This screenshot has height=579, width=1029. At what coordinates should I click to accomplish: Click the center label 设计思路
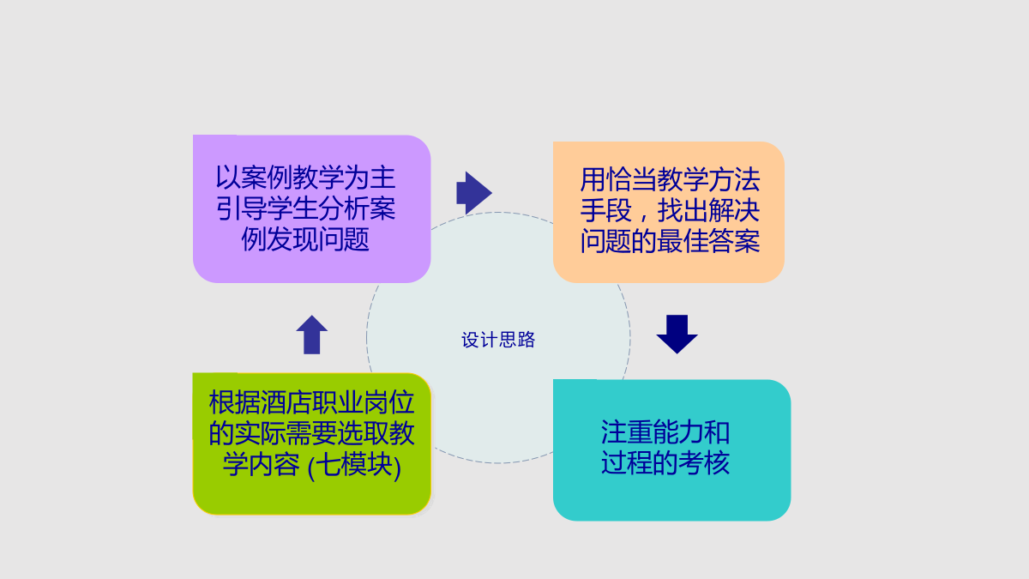coord(498,340)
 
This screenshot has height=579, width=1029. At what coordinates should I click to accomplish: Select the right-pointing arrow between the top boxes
coord(474,193)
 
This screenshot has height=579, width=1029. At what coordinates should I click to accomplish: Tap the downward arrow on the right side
coord(677,334)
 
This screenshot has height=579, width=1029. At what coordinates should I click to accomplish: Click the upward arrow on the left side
coord(312,335)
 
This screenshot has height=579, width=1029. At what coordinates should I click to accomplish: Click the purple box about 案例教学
coord(312,208)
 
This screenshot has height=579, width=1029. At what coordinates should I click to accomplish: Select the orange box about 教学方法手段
coord(669,212)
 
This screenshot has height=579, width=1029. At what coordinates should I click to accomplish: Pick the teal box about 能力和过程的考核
coord(672,449)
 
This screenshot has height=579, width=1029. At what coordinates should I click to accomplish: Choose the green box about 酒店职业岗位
coord(312,443)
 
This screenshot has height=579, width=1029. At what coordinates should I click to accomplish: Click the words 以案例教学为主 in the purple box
coord(305,178)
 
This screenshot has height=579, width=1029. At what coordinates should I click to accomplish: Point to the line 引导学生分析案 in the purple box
coord(305,208)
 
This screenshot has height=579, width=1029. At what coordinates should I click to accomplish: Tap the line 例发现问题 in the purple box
coord(305,239)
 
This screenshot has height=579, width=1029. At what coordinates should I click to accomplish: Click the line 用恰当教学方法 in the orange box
coord(670,179)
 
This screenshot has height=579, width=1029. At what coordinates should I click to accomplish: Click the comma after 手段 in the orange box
coord(644,216)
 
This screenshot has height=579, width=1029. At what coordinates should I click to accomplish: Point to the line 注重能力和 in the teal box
coord(665,432)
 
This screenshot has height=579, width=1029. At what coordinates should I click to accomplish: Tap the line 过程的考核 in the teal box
coord(665,462)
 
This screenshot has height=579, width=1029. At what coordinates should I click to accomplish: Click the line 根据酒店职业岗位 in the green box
coord(312,402)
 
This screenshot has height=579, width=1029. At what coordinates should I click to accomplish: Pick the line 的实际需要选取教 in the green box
coord(312,433)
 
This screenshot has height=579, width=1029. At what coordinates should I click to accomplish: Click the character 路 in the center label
coord(527,340)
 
